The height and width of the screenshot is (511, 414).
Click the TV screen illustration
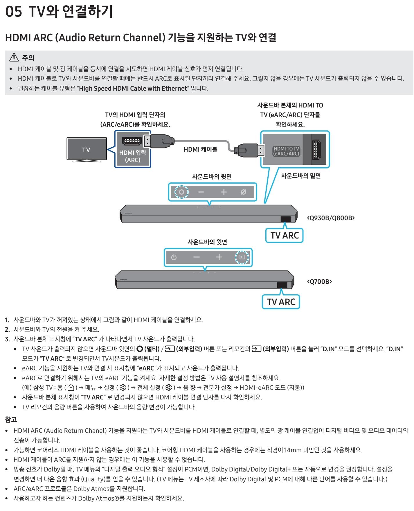click(86, 149)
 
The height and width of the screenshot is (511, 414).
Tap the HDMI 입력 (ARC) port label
click(132, 156)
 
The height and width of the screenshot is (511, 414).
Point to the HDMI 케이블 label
click(200, 150)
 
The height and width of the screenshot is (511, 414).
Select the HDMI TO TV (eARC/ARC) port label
click(286, 151)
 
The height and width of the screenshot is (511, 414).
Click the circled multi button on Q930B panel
click(181, 192)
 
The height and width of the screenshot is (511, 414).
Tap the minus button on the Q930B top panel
click(201, 192)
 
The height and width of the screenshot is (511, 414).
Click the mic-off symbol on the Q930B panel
click(244, 192)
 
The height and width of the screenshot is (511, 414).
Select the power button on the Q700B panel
click(174, 257)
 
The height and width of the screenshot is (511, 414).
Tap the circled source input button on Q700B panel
click(242, 257)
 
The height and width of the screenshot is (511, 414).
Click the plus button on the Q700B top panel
click(219, 257)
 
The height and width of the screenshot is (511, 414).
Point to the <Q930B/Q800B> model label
click(331, 218)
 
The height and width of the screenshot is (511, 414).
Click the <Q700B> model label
click(319, 282)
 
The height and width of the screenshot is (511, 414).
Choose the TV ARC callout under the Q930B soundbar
click(285, 235)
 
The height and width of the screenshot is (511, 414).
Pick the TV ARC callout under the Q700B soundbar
click(281, 302)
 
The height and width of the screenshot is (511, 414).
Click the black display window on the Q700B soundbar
click(282, 285)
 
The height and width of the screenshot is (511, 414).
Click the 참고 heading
click(11, 419)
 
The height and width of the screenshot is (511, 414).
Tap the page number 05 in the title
click(14, 12)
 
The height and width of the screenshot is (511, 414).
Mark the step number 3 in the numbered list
click(7, 339)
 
